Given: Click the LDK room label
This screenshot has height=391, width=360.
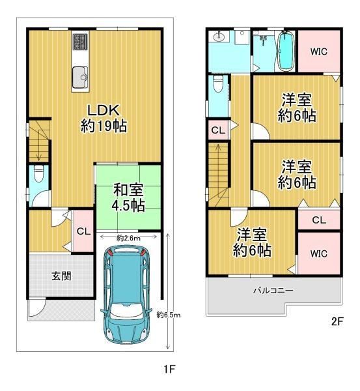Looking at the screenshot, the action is (x=104, y=118).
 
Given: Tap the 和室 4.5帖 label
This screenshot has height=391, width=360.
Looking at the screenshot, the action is (x=128, y=197).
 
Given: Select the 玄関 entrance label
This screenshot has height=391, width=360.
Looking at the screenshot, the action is (x=61, y=276).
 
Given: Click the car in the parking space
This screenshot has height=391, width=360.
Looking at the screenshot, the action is (x=126, y=295).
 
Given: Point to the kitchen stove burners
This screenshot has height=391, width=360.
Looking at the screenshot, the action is (x=80, y=41).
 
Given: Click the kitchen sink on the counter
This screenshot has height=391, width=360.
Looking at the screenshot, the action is (x=80, y=78).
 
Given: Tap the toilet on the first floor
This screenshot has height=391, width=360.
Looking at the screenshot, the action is (x=38, y=173).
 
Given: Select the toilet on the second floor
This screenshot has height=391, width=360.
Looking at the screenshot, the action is (x=217, y=83).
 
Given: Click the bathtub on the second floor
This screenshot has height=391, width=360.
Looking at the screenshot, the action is (x=285, y=51).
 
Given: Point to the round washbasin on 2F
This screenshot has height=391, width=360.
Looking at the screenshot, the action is (x=219, y=37).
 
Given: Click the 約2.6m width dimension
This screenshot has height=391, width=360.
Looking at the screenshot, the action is (x=128, y=238).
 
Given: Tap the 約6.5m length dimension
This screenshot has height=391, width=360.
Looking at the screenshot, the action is (x=169, y=315).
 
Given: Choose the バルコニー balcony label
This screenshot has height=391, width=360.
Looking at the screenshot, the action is (x=273, y=290).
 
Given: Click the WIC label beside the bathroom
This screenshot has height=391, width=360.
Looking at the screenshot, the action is (x=318, y=51).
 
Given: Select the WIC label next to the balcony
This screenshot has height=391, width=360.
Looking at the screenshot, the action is (x=318, y=253).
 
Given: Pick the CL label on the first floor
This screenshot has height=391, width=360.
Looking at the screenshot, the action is (x=83, y=231).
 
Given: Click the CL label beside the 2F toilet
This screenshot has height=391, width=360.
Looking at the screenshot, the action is (x=218, y=130).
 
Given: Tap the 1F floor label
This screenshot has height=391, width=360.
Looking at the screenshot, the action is (x=170, y=369).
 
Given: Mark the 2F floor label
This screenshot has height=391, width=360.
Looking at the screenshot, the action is (x=337, y=321).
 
